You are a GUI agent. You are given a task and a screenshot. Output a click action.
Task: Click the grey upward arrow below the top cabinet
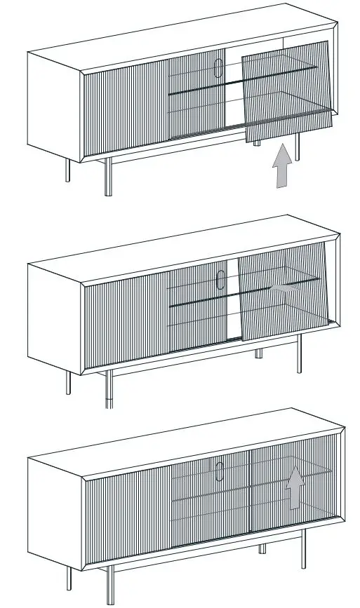pos(281,168)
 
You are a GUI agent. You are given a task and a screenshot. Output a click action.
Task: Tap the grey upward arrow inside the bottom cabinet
pos(296,487)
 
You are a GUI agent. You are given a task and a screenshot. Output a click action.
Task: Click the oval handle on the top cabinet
pos(218,70)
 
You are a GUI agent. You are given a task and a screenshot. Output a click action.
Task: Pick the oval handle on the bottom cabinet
pos(220,471)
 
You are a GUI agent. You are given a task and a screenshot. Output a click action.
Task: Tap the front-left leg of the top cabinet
pos(108,176)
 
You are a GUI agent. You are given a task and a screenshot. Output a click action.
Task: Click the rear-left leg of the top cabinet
pos(68,170)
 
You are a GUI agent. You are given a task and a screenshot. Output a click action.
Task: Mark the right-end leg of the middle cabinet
pos(299,354)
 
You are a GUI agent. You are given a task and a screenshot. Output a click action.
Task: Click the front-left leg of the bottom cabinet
pos(109,585)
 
